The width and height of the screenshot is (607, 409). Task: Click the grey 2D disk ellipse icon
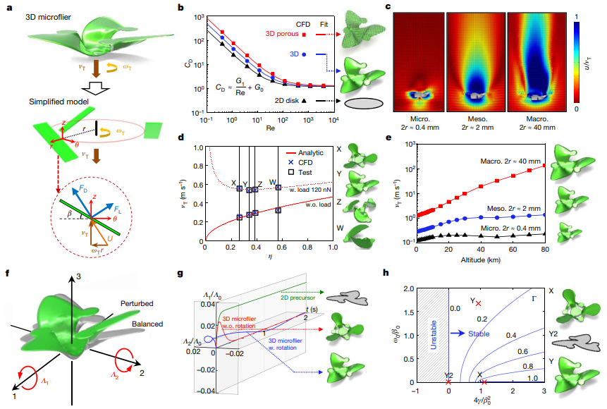pyautogui.click(x=367, y=103)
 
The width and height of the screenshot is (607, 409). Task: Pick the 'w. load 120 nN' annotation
pyautogui.click(x=308, y=189)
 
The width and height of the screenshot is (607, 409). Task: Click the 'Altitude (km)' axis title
pyautogui.click(x=481, y=260)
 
